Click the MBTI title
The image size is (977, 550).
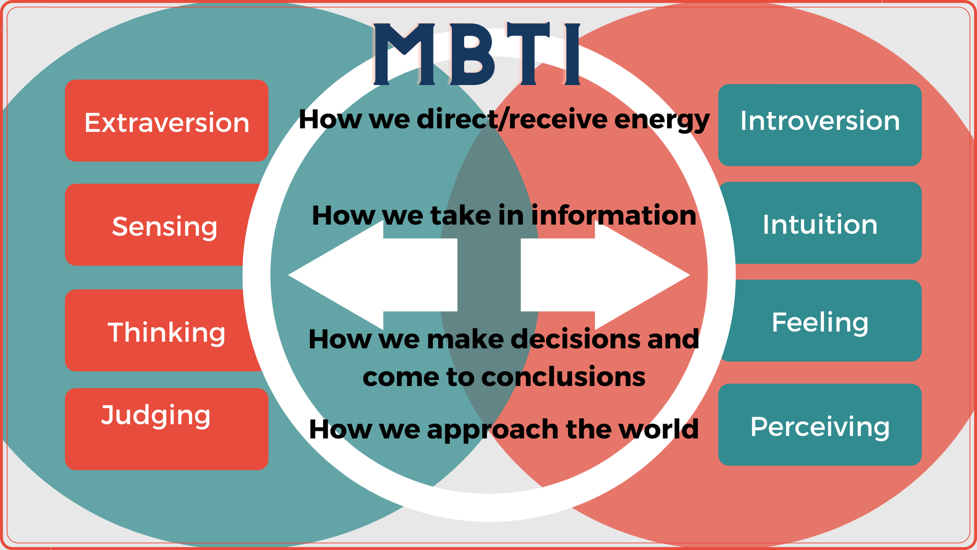(x=477, y=54)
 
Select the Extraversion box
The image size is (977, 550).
(x=166, y=121)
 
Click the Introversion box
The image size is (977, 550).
(x=820, y=125)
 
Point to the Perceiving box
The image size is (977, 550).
(x=820, y=425)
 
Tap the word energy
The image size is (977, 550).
(x=662, y=120)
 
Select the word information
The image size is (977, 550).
(x=614, y=215)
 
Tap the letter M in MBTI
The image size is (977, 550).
(x=405, y=54)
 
